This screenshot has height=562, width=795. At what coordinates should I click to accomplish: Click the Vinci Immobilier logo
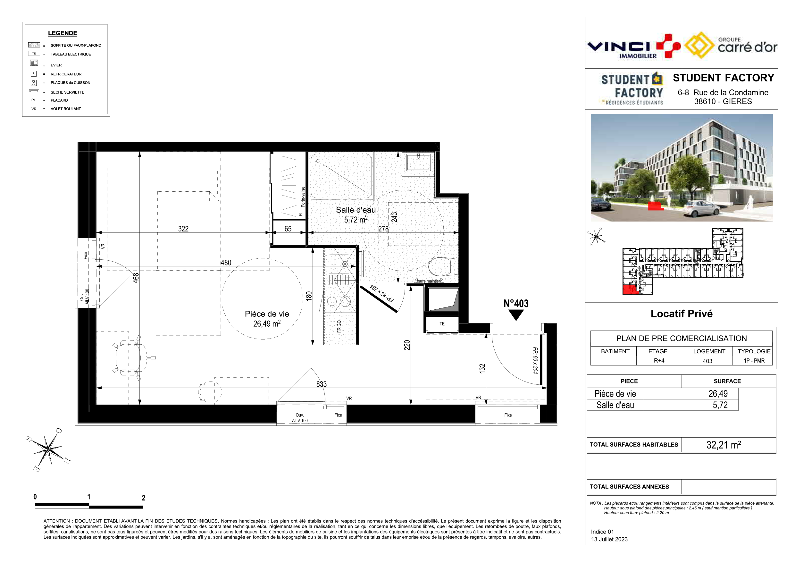[x=634, y=46]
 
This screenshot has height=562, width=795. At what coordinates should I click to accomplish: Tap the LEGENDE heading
[x=63, y=33]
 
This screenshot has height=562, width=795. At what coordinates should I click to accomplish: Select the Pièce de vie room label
[x=267, y=319]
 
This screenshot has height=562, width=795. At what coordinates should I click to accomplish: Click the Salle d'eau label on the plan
[x=356, y=215]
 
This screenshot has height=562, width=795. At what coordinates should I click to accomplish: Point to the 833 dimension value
[x=321, y=384]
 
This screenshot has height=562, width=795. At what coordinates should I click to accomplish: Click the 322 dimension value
[x=183, y=229]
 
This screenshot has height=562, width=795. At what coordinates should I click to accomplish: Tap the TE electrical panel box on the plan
[x=442, y=324]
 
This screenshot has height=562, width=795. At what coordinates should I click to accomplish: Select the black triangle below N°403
[x=516, y=315]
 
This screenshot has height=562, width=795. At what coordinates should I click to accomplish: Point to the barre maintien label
[x=429, y=281]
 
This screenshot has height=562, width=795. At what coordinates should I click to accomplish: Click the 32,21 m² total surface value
[x=724, y=445]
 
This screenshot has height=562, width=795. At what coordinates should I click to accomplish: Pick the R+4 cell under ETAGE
[x=659, y=360]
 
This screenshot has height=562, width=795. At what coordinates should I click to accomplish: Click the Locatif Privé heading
[x=682, y=313]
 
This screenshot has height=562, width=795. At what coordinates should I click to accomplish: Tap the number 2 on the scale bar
[x=143, y=498]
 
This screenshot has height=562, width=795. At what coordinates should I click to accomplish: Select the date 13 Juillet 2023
[x=609, y=539]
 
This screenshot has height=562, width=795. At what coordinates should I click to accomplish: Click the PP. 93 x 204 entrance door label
[x=535, y=360]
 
